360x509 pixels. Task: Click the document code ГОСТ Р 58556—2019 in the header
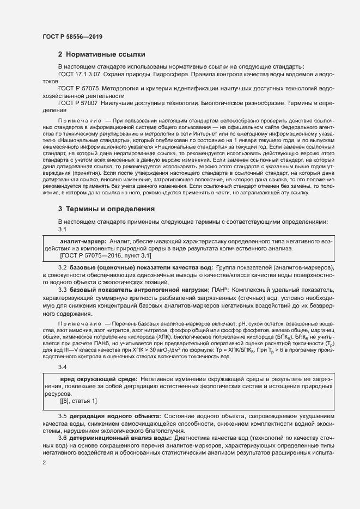(x=72, y=36)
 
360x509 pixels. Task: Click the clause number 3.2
(x=62, y=269)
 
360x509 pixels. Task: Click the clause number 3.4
(x=62, y=368)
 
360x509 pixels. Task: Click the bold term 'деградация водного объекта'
(x=113, y=416)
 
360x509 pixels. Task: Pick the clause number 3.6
(x=62, y=438)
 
